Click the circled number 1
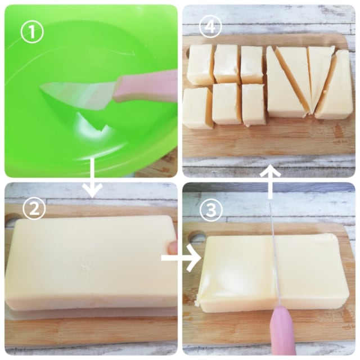(32, 32)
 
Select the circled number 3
(211, 209)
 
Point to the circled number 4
(211, 26)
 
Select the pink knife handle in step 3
(283, 332)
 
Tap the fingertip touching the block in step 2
(172, 248)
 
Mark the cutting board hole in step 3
(196, 236)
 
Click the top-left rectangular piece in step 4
(200, 65)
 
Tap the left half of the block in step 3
(236, 273)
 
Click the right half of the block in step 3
(312, 270)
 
